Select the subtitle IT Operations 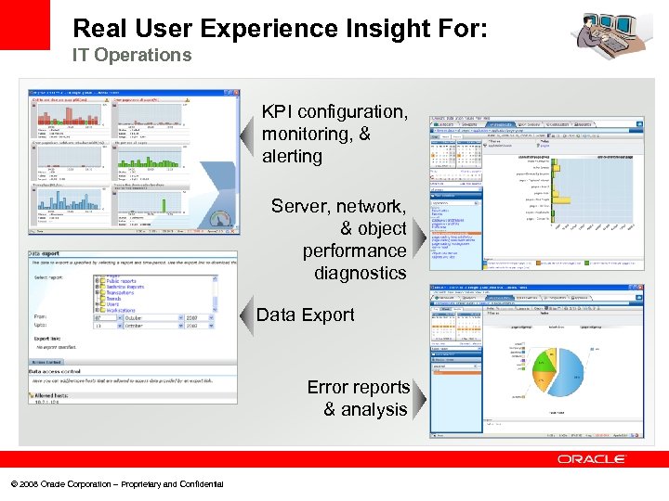pos(132,56)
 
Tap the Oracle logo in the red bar pos(592,459)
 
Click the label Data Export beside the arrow pos(305,315)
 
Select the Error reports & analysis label pos(358,398)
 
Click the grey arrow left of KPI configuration pos(246,135)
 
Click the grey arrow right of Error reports pos(419,400)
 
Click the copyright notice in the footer pos(116,484)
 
